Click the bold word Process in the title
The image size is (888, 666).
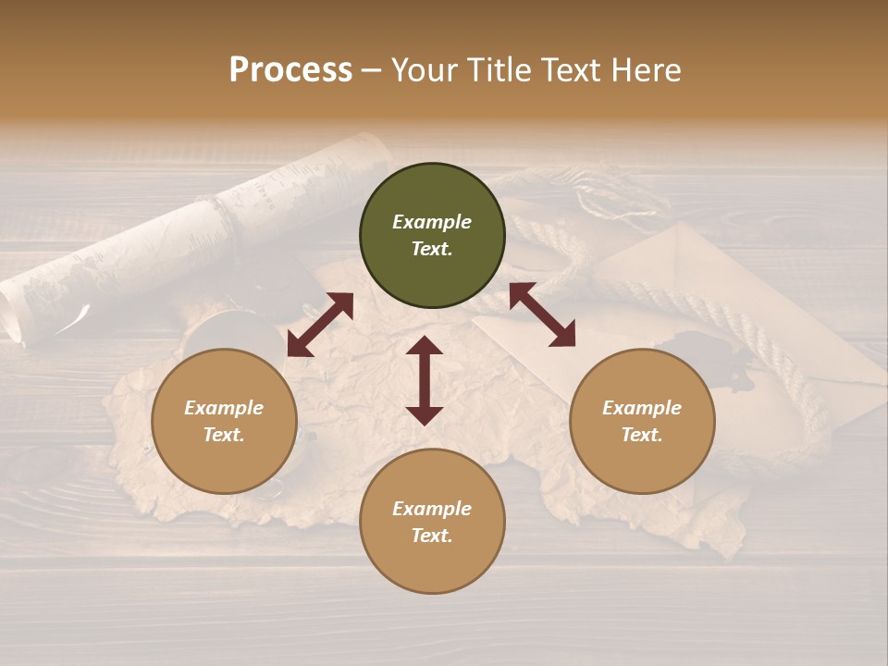click(x=290, y=70)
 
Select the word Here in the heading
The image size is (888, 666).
click(x=645, y=70)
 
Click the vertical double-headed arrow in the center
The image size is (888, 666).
click(x=425, y=380)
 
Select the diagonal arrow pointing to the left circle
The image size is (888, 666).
click(x=320, y=325)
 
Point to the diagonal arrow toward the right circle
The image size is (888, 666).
click(x=542, y=314)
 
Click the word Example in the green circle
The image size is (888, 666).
click(x=432, y=222)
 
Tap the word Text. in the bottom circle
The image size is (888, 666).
click(x=432, y=536)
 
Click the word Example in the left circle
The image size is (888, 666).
click(x=224, y=408)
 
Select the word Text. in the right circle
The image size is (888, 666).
click(x=642, y=435)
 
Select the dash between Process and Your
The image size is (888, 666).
click(x=372, y=71)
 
